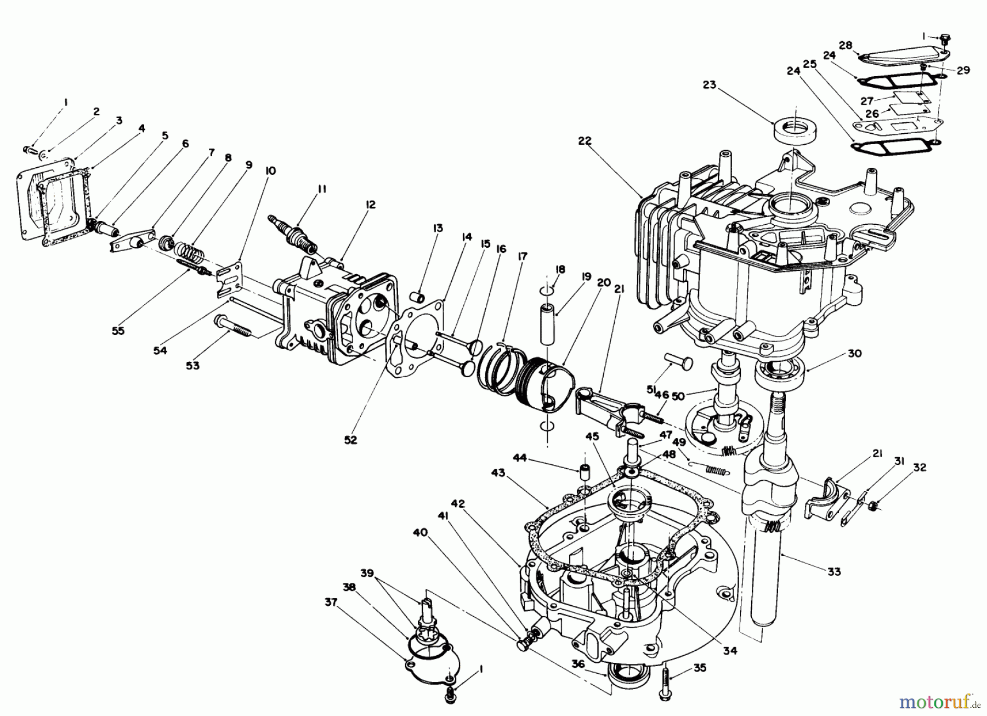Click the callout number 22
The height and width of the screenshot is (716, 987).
pos(585,140)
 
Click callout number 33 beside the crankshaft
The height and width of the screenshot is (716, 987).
pos(833,572)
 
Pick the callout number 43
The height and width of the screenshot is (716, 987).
pos(498,472)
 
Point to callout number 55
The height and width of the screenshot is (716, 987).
pos(118,331)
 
